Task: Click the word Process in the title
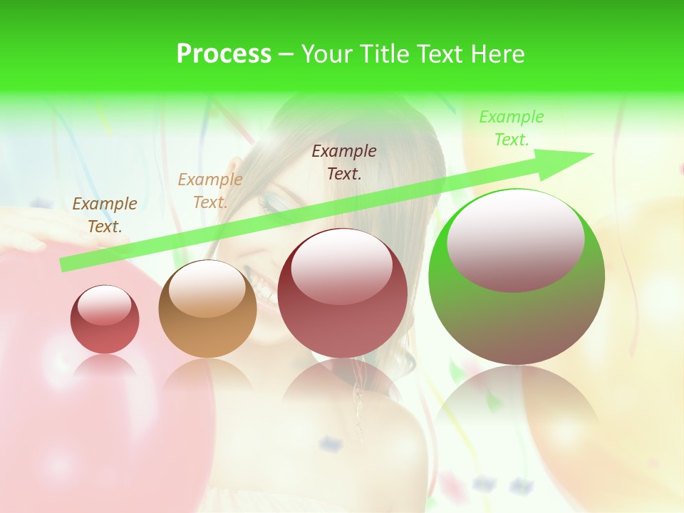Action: click(224, 54)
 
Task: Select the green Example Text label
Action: click(511, 128)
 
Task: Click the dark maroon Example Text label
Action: click(344, 162)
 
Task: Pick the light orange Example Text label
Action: click(210, 190)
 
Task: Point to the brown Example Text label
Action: click(105, 214)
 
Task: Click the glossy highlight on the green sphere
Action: click(515, 241)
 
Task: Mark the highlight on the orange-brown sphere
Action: click(207, 289)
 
